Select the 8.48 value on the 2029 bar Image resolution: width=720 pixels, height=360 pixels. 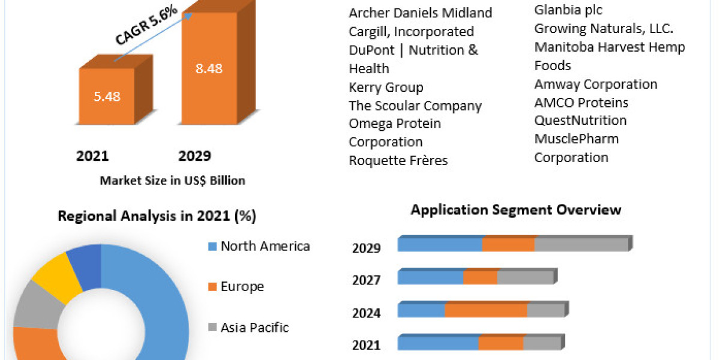pos(209,68)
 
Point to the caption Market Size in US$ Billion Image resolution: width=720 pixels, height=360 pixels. pos(172,180)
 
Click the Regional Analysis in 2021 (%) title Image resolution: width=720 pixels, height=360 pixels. pos(157,217)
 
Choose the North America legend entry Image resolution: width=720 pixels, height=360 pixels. pos(265,246)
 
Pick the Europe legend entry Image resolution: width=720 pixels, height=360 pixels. pos(242,287)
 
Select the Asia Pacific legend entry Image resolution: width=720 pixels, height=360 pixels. pos(254,328)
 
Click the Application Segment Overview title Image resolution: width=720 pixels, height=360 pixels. pos(516,210)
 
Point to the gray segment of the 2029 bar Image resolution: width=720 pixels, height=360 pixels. pos(580,245)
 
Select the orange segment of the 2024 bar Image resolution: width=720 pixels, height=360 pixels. pos(485,310)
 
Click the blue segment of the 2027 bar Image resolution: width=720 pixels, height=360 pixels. pos(430,277)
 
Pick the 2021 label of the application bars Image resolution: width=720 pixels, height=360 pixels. pos(366,345)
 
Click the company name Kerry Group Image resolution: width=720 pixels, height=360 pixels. pos(386,88)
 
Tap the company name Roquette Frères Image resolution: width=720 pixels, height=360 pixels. pos(398,161)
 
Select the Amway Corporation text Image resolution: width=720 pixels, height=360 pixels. pos(596,85)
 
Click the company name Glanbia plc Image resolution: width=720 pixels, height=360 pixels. pos(568,10)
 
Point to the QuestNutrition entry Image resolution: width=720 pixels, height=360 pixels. pos(580,121)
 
